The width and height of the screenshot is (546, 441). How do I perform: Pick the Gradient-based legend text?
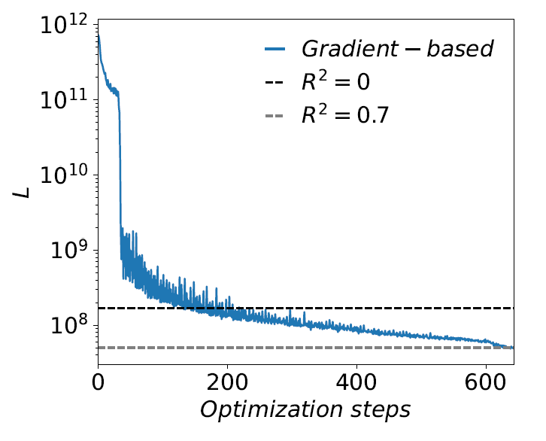click(x=397, y=50)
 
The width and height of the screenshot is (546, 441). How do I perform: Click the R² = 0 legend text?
click(x=335, y=83)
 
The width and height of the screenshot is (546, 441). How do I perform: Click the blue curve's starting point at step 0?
click(x=99, y=34)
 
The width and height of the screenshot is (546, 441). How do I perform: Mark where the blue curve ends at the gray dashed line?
click(x=512, y=348)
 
